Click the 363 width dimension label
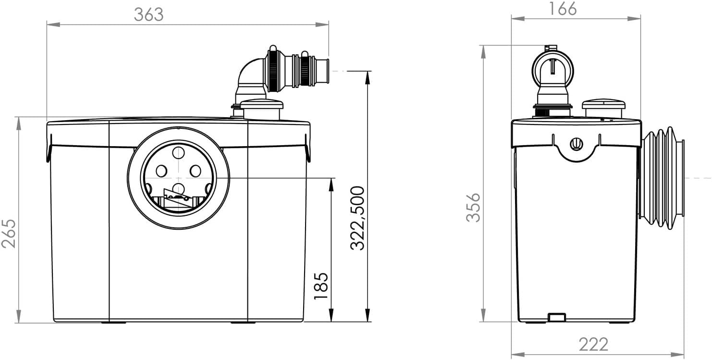point(148,14)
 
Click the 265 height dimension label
point(9,233)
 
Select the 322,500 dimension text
point(357,217)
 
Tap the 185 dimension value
point(321,286)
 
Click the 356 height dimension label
point(474,207)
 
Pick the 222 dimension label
point(593,344)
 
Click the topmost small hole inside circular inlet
point(178,153)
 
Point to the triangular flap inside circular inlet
point(174,198)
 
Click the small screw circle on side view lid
point(576,143)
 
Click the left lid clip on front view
point(49,149)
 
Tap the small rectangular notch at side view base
point(557,317)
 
